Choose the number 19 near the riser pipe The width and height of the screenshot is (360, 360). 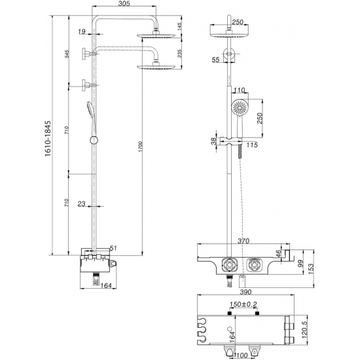point(81,31)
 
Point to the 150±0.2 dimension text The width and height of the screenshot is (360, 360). point(243,304)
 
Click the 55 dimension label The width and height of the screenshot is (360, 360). point(215,60)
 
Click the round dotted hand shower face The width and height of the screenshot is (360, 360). point(238,106)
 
